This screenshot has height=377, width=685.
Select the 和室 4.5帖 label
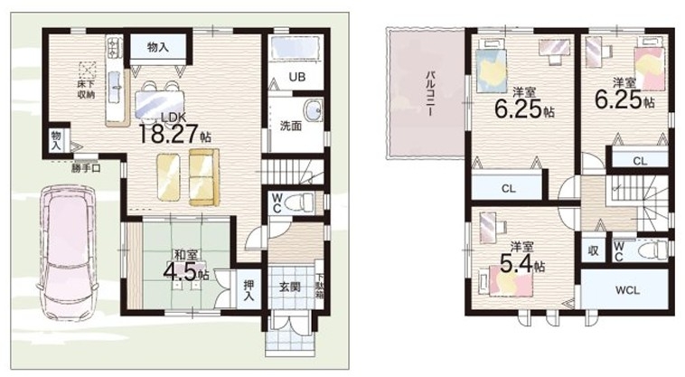coord(186,265)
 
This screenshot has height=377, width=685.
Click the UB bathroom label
coord(297,77)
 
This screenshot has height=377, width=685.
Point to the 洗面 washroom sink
coord(313,109)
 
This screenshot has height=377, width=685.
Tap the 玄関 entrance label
coord(290,287)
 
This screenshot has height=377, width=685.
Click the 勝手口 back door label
coord(86,168)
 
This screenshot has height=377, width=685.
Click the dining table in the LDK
coord(160,104)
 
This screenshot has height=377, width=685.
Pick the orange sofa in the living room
coord(204,176)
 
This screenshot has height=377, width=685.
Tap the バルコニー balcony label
coord(431,92)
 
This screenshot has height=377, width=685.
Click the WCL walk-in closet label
coord(628,290)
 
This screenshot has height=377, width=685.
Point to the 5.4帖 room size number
coord(522,262)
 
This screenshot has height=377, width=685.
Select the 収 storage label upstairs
coord(593,250)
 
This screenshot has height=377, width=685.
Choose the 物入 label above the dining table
coord(158,47)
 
